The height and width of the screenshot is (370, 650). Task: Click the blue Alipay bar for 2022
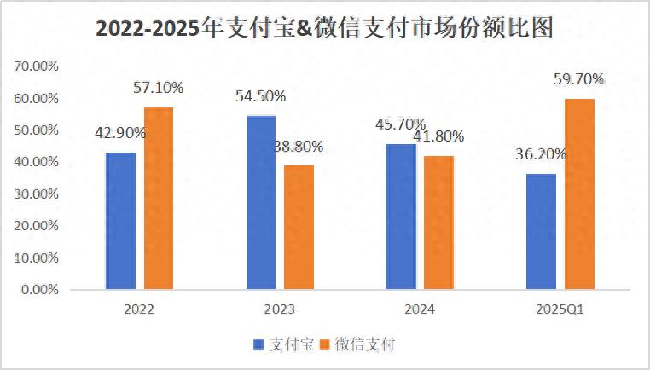point(120,221)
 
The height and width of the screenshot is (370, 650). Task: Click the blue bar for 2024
point(401,217)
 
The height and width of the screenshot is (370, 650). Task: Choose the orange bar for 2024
point(438,223)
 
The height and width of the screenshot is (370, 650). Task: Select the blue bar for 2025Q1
point(542,231)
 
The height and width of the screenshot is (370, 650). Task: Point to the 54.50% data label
point(260,96)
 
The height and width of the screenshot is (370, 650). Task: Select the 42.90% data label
point(120,133)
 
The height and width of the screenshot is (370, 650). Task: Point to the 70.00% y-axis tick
point(35,66)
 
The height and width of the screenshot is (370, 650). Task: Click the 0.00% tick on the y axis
point(38,290)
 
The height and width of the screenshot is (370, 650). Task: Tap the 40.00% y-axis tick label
point(35,162)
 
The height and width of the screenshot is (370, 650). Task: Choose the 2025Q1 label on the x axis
point(560,309)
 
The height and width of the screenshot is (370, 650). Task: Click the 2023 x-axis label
point(279,309)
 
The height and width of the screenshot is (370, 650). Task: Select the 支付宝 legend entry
point(283,344)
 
